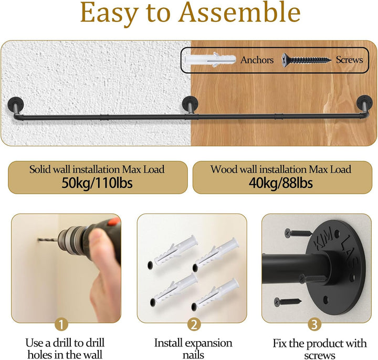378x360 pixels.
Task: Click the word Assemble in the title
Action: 240,12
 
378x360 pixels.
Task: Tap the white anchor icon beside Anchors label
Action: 209,60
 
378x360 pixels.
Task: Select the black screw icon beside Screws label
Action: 307,60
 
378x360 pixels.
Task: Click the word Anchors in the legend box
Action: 257,60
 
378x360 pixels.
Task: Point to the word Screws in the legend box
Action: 349,59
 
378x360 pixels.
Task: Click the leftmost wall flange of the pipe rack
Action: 16,103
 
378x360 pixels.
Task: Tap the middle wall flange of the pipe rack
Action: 190,103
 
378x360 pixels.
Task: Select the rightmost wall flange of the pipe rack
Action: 364,102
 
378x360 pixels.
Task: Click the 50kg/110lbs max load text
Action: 97,183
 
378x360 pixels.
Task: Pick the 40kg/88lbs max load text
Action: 281,183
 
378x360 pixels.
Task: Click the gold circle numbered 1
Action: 61,324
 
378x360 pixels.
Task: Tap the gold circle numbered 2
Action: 194,324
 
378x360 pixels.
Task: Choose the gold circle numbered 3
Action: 314,324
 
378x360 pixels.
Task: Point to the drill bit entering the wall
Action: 48,240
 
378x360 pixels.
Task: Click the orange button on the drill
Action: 114,221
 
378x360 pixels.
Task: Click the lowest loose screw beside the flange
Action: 288,301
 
